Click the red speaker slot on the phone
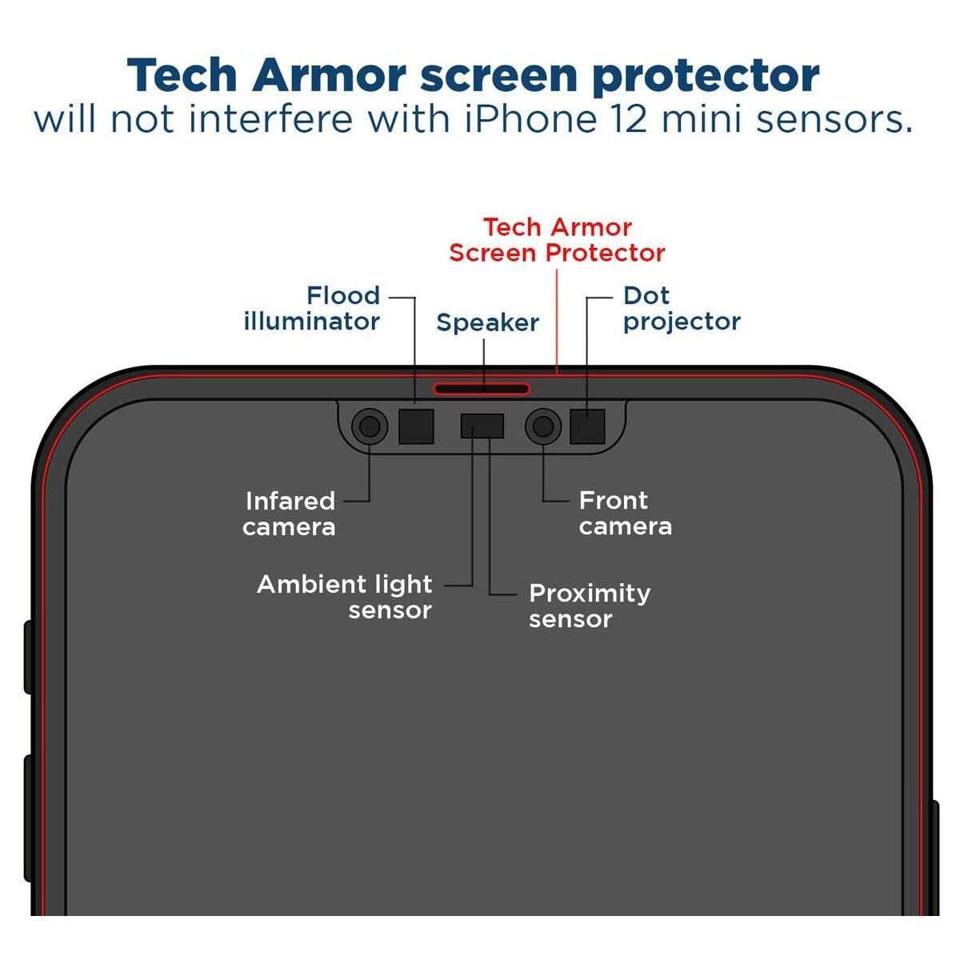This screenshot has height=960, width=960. [x=482, y=390]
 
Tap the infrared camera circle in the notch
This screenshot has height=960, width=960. [x=369, y=426]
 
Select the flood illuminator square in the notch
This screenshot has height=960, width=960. [x=416, y=426]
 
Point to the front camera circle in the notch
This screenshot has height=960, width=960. [x=543, y=426]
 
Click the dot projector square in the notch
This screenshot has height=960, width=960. [x=587, y=426]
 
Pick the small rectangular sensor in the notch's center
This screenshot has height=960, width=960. [x=482, y=426]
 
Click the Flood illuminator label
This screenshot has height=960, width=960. [x=312, y=308]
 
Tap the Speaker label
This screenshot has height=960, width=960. [x=487, y=322]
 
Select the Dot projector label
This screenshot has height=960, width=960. [x=682, y=308]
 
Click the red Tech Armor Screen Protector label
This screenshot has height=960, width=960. [x=557, y=240]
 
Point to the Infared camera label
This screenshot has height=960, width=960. [x=289, y=514]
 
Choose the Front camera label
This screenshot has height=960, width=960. [x=625, y=513]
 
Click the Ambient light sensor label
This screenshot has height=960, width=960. [x=345, y=597]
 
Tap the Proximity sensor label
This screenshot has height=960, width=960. [x=590, y=606]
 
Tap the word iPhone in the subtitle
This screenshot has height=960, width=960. [x=531, y=119]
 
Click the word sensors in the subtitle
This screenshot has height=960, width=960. [x=834, y=119]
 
